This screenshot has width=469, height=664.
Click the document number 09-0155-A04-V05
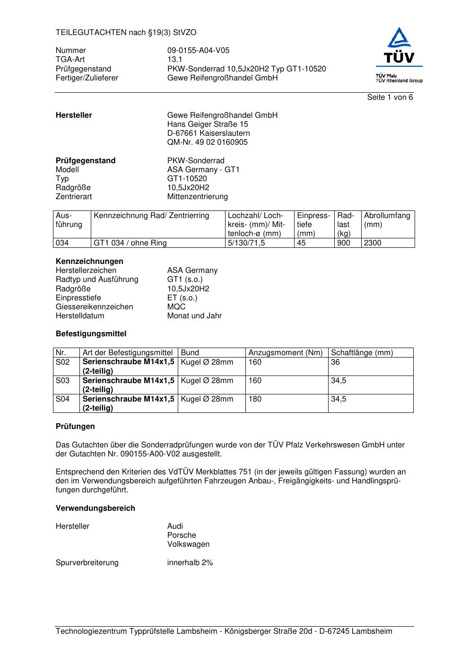tap(198, 51)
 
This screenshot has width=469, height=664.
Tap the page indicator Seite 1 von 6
tap(390, 97)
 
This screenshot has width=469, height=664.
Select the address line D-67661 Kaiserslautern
tap(208, 133)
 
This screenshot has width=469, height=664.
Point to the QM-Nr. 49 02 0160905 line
tap(207, 142)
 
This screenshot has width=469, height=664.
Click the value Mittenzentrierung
tap(197, 197)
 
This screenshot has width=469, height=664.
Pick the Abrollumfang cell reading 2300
tap(373, 243)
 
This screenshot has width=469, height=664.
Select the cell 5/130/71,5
tap(246, 243)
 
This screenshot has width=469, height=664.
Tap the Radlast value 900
tap(344, 243)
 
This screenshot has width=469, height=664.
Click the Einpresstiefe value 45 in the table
tap(302, 243)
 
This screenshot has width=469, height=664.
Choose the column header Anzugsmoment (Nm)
tap(286, 353)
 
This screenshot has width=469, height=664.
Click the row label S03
tap(62, 381)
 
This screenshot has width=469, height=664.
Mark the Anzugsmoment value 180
tap(255, 399)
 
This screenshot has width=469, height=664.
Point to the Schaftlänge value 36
tap(335, 362)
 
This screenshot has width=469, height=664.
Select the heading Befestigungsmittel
tap(91, 334)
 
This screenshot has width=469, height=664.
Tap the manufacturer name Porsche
tap(182, 535)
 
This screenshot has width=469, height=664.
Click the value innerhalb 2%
tap(190, 563)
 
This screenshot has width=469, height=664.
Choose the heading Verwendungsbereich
tap(95, 508)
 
